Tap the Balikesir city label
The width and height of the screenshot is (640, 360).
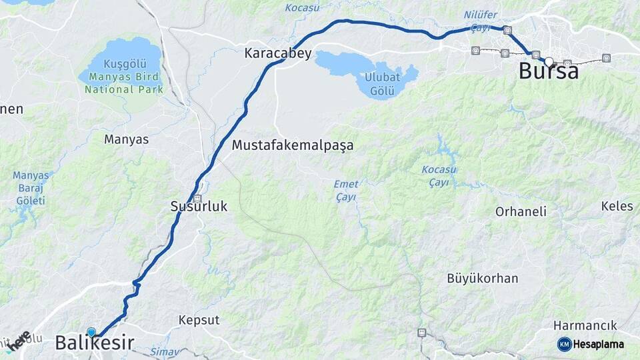(x=94, y=343)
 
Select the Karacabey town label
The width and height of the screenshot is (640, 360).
(x=278, y=53)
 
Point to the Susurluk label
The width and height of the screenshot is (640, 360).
(x=199, y=207)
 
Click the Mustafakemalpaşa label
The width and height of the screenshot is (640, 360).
(x=293, y=145)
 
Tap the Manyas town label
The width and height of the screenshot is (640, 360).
(x=125, y=139)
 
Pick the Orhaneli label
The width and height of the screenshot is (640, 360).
(x=521, y=211)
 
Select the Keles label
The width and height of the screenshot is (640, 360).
(x=617, y=206)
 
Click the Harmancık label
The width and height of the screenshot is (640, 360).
(x=585, y=325)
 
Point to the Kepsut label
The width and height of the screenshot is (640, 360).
(x=199, y=320)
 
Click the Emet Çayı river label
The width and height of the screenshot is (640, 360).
(x=346, y=191)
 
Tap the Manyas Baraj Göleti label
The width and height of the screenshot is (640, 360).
(x=31, y=188)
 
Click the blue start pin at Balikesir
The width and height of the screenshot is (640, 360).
(x=91, y=331)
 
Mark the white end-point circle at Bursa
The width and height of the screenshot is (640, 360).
(x=549, y=62)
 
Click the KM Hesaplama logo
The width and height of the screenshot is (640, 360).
(x=590, y=344)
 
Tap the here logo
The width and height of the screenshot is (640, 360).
(x=18, y=341)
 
